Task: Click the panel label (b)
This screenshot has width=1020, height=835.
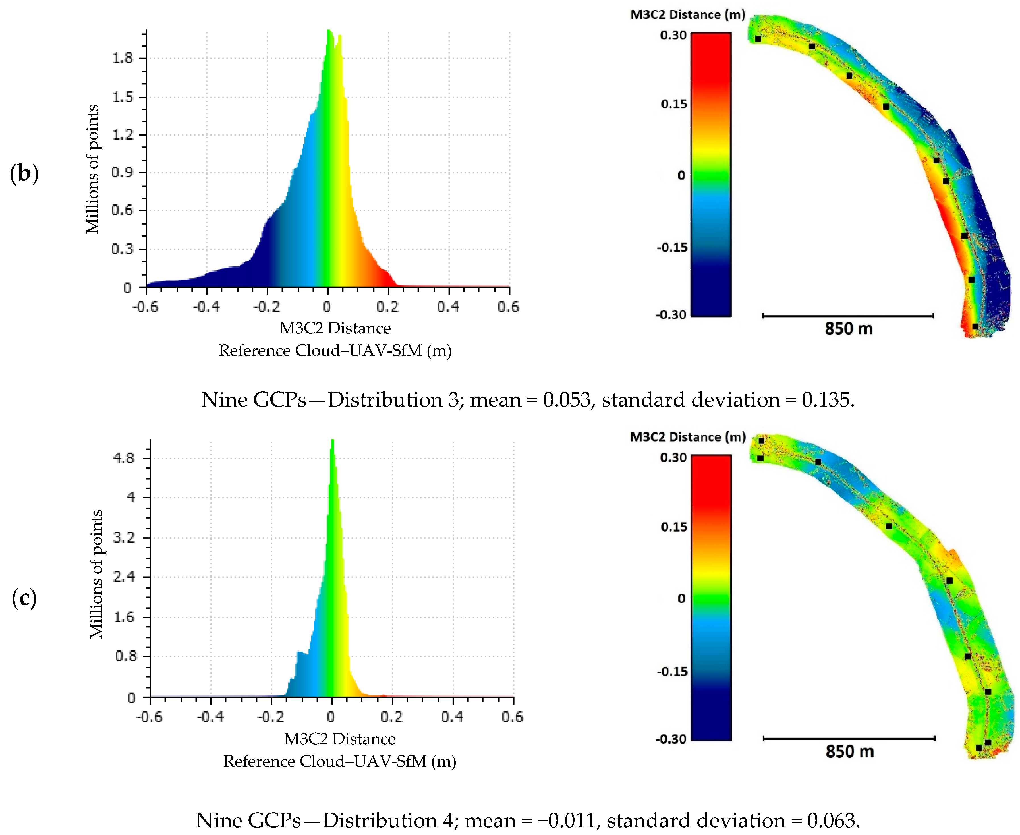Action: click(24, 174)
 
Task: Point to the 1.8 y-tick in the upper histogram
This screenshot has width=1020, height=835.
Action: click(122, 58)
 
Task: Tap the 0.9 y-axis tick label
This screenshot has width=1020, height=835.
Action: click(122, 172)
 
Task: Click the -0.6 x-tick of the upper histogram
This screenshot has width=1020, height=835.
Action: click(145, 307)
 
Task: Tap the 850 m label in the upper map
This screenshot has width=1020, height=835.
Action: click(848, 329)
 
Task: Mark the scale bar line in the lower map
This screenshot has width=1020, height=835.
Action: click(849, 738)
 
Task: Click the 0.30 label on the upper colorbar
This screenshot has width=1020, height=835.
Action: click(673, 35)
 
